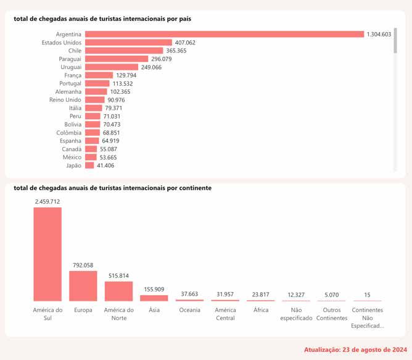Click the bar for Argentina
point(225,34)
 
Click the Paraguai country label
point(65,59)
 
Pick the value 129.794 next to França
point(128,75)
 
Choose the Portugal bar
point(97,83)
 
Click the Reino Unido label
point(65,99)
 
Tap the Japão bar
point(89,165)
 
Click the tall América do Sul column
point(47,254)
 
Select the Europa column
point(83,285)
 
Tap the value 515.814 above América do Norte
point(118,275)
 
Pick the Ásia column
point(154,298)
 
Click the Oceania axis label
point(189,310)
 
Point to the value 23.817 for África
point(261,294)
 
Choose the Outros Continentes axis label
point(332,314)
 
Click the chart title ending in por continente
point(113,188)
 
